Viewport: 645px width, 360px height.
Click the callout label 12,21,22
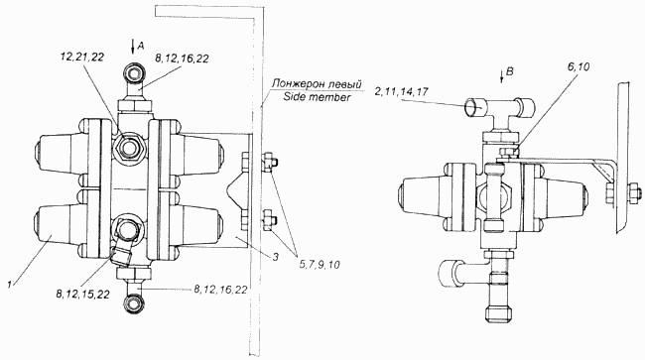click(81, 57)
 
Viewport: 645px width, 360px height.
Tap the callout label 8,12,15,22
click(83, 294)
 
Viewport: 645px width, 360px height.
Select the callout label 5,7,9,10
click(320, 265)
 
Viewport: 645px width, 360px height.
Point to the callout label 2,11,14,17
click(401, 91)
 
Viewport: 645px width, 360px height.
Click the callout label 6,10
click(578, 67)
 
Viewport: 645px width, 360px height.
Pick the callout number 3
click(276, 257)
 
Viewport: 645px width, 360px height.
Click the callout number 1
click(9, 283)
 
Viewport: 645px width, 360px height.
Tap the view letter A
click(140, 46)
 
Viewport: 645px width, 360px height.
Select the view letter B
click(510, 71)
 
